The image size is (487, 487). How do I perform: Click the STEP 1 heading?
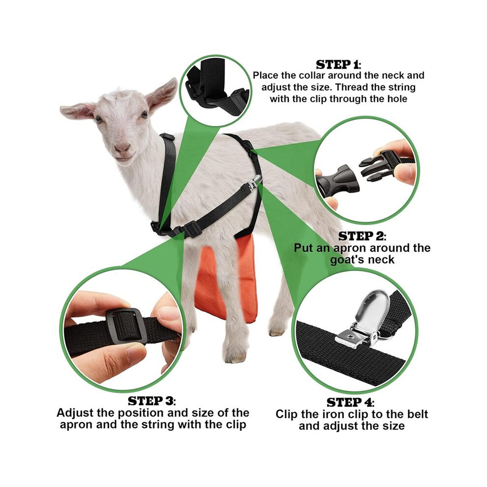[338, 64]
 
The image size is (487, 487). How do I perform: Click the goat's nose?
[122, 148]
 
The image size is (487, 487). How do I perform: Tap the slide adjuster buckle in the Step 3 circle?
[124, 327]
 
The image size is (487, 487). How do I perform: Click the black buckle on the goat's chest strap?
[192, 229]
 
